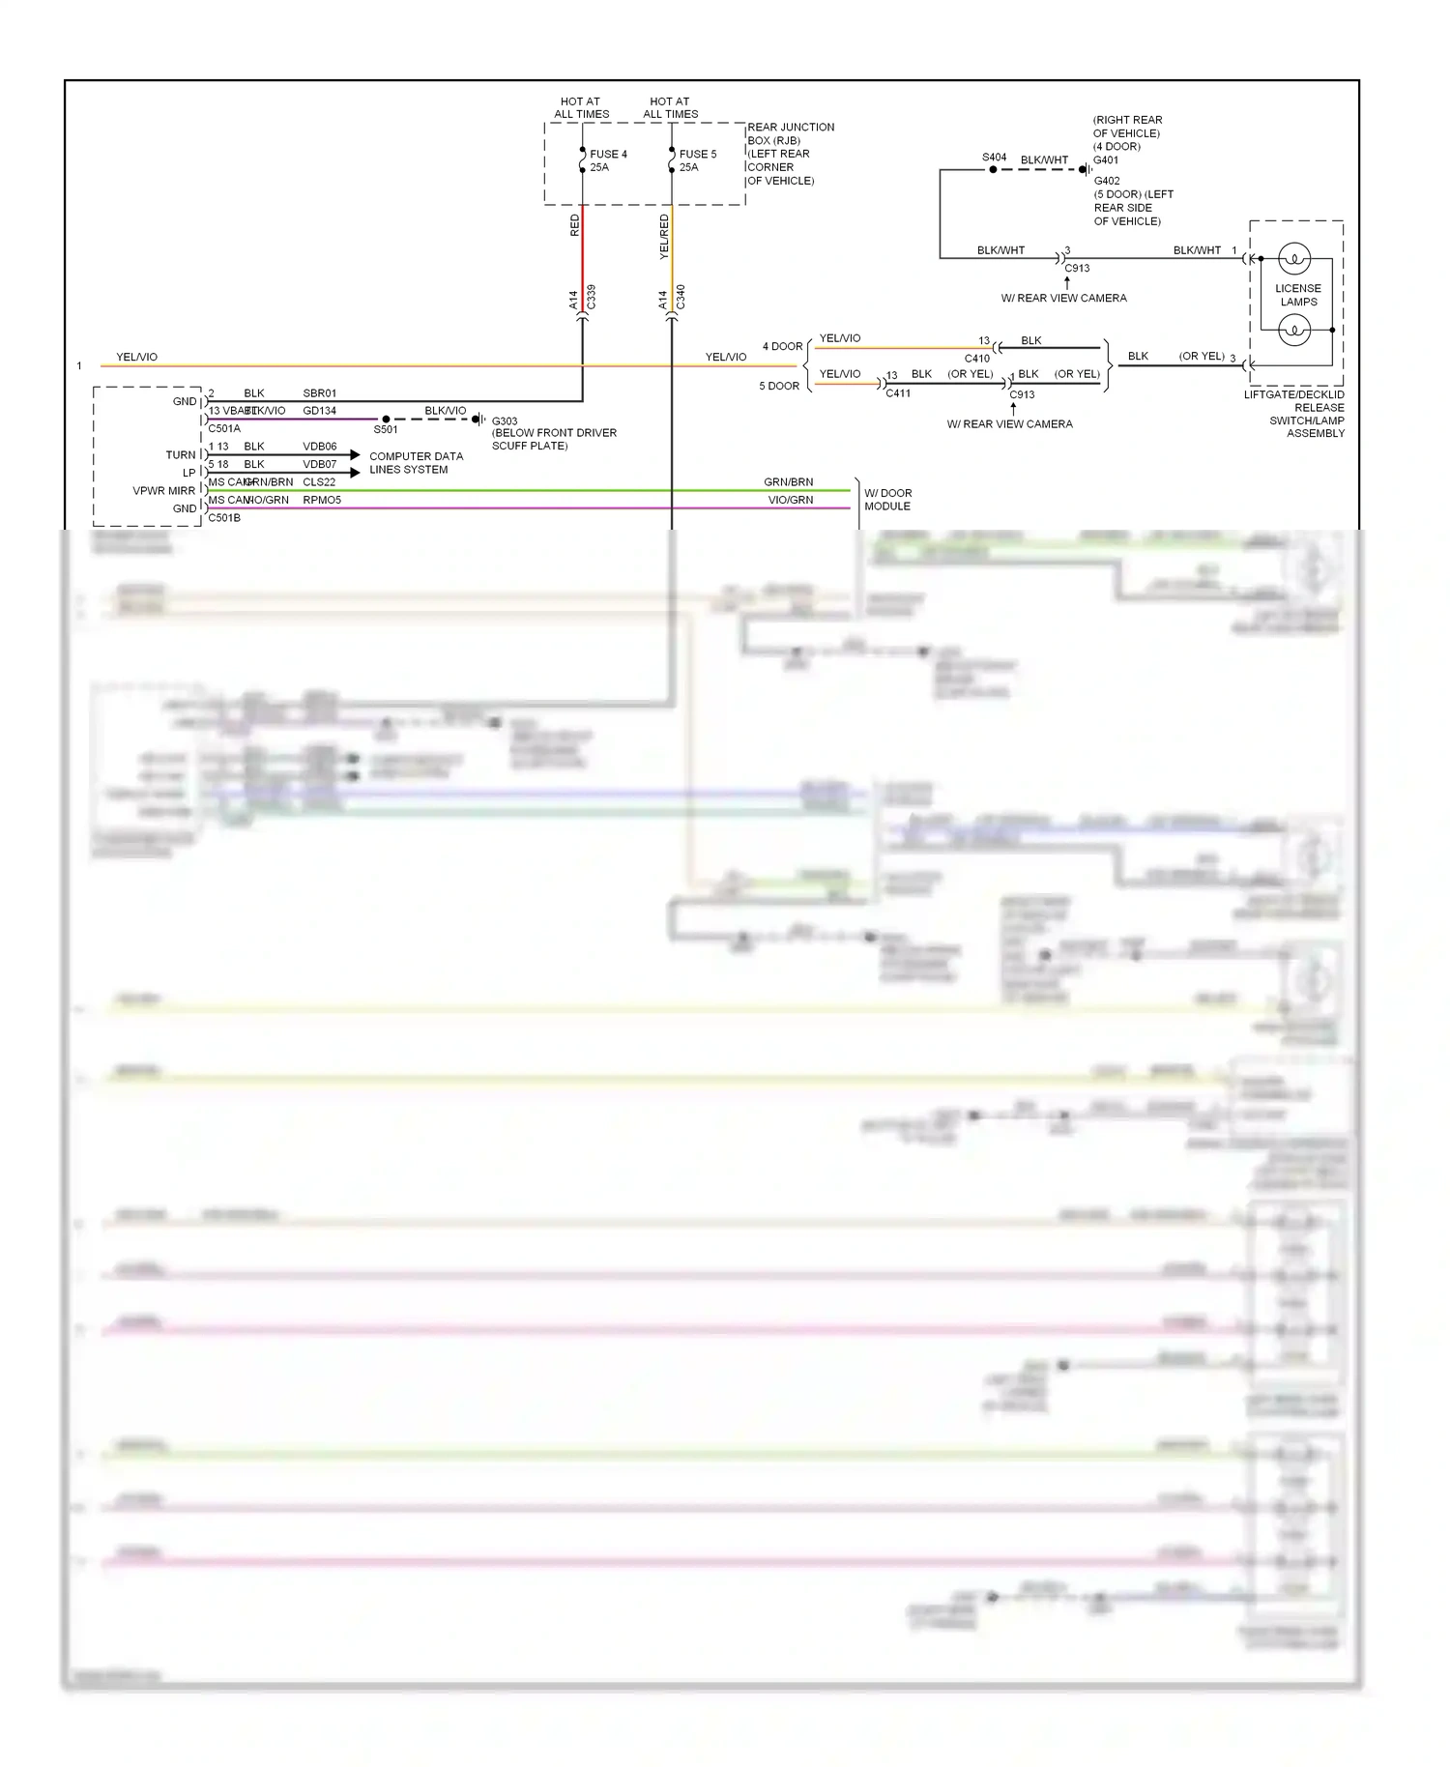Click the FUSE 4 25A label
point(608,160)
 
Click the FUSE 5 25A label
point(697,160)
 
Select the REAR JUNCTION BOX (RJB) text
point(790,133)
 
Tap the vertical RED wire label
point(575,225)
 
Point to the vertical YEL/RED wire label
point(664,237)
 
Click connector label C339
point(591,297)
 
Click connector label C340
point(681,297)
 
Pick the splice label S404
point(994,157)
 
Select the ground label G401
point(1106,160)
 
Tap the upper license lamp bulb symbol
point(1293,259)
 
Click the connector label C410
point(976,359)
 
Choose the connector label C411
point(897,393)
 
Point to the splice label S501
point(385,429)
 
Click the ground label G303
point(505,421)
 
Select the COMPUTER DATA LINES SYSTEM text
point(416,463)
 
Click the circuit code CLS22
point(319,481)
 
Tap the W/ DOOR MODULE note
point(887,500)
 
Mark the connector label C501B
point(224,518)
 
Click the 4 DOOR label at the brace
point(782,346)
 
